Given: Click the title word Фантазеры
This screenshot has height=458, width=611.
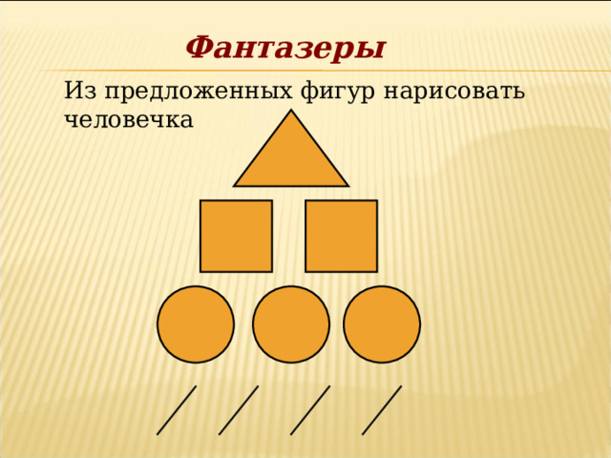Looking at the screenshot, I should [x=284, y=47].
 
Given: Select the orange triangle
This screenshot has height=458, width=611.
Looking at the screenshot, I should [x=291, y=157].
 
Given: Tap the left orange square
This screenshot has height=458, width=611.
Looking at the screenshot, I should [x=236, y=236].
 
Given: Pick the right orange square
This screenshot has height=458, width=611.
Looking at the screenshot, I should [x=341, y=236].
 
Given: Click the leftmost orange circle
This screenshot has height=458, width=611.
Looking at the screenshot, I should [x=196, y=324].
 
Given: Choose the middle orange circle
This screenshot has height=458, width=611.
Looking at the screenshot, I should [x=291, y=324].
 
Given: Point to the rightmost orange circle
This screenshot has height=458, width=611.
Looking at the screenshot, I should [x=382, y=324].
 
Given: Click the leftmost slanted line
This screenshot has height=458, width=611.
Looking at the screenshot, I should [x=177, y=410].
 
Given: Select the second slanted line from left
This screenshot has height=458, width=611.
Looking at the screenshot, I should [x=239, y=410].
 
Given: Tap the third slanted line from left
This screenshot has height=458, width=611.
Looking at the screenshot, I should [x=310, y=410].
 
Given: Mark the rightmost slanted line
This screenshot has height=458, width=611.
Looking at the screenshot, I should [x=382, y=410].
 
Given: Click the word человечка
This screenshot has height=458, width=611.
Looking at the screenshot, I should [x=129, y=120].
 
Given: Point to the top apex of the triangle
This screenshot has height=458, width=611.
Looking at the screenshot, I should [x=291, y=112].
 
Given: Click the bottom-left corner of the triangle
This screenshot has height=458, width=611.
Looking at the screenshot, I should [x=236, y=185].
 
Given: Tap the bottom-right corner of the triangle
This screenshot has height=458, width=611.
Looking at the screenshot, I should [x=347, y=185].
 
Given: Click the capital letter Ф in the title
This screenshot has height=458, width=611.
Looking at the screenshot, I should [x=199, y=47].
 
